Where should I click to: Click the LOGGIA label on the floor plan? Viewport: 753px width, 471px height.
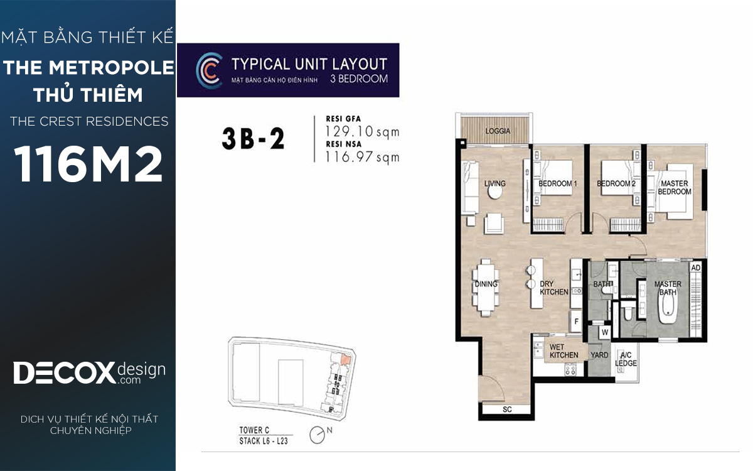498,131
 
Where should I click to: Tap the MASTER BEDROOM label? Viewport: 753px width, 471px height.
675,187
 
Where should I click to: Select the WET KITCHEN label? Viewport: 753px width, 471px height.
563,351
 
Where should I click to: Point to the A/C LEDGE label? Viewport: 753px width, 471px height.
626,359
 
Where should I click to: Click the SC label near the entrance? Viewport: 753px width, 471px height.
507,409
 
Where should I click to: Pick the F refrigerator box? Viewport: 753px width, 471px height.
576,322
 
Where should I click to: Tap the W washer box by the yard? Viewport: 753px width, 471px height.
605,332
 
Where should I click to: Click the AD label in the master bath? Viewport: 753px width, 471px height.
695,268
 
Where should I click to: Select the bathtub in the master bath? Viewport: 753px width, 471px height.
668,308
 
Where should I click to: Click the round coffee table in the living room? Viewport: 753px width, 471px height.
495,192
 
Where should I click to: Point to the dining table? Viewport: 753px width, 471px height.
486,288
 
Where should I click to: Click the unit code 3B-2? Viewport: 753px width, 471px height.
253,139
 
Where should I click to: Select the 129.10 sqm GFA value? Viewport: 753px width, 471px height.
362,131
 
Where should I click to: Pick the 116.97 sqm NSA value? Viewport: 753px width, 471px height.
362,157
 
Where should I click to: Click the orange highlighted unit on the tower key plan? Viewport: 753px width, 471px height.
346,359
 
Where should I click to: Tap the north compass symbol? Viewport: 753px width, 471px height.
318,435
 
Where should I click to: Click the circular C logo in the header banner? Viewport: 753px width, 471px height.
209,70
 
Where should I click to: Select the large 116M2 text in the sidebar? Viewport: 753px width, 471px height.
88,164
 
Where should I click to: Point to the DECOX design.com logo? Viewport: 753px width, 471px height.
89,373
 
